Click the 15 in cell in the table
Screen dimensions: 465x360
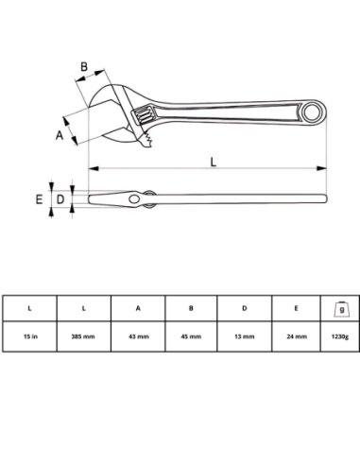coord(30,336)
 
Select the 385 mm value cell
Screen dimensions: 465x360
coord(83,336)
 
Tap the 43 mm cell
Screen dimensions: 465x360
coord(138,336)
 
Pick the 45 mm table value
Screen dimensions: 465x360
coord(191,336)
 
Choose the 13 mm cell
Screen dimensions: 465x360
coord(245,336)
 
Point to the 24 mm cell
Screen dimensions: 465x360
coord(299,336)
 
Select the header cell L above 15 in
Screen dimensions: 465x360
coord(30,308)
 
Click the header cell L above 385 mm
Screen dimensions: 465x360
coord(83,308)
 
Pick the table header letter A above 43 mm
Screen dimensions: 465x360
coord(138,308)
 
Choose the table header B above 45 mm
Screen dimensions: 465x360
coord(191,308)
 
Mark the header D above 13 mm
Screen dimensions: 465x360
coord(245,308)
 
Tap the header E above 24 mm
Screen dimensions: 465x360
coord(299,308)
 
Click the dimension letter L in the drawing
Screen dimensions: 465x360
coord(213,160)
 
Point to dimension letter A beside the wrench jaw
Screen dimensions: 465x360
coord(59,136)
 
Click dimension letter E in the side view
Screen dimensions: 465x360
coord(39,199)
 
